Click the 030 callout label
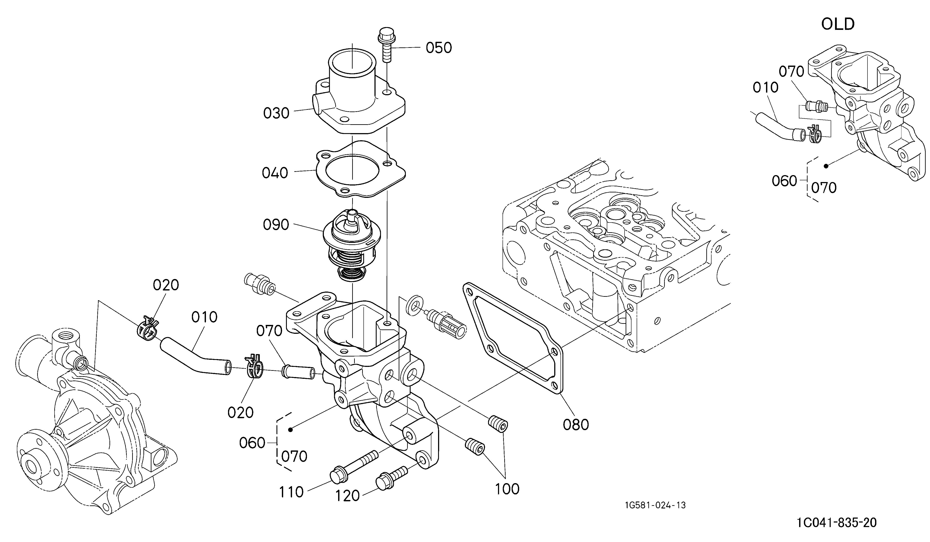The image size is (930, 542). click(x=276, y=113)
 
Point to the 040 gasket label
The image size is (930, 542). click(x=275, y=173)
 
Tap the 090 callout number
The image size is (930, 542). click(x=276, y=224)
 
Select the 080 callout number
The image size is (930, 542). click(x=576, y=425)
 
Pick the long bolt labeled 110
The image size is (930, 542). click(x=355, y=467)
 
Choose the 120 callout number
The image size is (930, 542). click(x=347, y=496)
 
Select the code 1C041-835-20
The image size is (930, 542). click(x=837, y=523)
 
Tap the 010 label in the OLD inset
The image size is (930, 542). click(x=765, y=87)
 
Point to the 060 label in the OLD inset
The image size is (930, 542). click(x=785, y=181)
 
